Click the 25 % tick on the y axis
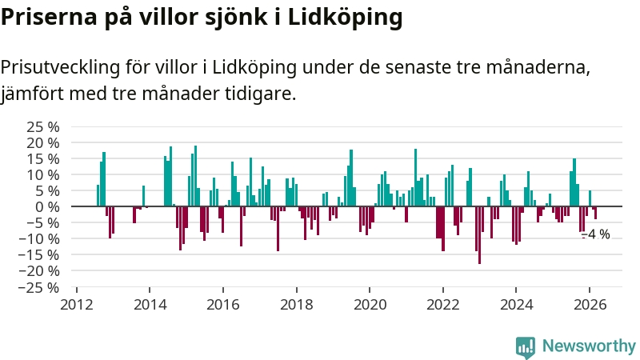click(44, 126)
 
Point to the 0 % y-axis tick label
click(48, 206)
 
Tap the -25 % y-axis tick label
click(41, 287)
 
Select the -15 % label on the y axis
click(41, 255)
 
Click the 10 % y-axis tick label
click(44, 174)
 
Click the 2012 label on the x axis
click(77, 305)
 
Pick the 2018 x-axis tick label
click(297, 305)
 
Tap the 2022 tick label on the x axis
click(443, 305)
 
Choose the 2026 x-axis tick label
click(590, 305)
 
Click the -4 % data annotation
click(596, 235)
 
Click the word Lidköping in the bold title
click(346, 18)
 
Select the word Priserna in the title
click(46, 18)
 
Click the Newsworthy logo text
click(589, 346)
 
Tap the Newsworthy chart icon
click(526, 346)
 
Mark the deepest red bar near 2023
click(479, 234)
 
